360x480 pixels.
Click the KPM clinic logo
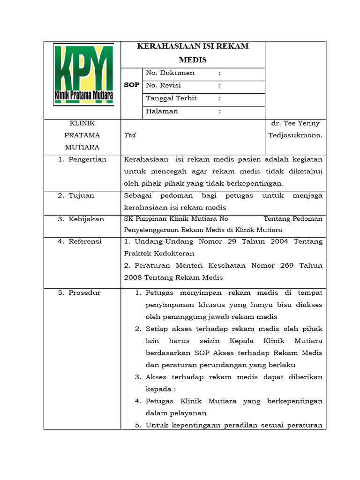83,75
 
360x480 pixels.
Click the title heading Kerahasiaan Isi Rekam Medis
193,53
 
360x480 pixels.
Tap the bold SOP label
132,85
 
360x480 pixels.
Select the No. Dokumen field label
170,73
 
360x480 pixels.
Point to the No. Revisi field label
164,86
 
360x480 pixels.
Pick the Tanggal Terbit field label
171,98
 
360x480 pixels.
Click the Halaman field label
162,112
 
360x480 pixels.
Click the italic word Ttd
130,135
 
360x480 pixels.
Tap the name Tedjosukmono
295,135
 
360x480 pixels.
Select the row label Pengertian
87,159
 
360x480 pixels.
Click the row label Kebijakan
86,219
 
